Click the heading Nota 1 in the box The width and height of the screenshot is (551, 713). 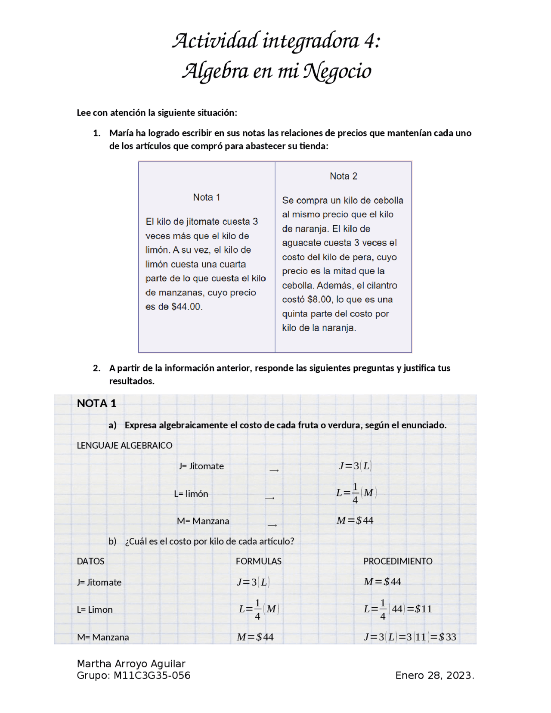tap(206, 197)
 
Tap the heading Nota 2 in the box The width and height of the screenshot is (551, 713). tap(343, 176)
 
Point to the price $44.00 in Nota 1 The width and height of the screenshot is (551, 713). tap(186, 307)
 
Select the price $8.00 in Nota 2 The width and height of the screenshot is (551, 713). tap(319, 299)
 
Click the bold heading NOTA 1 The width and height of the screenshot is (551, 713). tap(96, 403)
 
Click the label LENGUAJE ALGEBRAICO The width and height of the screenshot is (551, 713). tap(124, 445)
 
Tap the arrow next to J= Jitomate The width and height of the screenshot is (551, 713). tap(274, 471)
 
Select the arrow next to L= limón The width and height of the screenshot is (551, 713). tap(270, 498)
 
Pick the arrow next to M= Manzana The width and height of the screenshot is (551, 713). tap(272, 525)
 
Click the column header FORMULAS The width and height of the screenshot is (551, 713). tap(258, 561)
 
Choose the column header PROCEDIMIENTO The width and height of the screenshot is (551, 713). tap(398, 561)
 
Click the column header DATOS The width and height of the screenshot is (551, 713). tap(90, 561)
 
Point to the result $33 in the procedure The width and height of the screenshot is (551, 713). tap(448, 637)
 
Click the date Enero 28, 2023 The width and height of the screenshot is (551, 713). tap(434, 675)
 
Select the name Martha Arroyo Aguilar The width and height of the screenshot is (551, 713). tap(131, 663)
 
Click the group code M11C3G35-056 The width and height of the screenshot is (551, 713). tap(152, 675)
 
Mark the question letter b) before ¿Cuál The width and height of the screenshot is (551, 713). tap(112, 541)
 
